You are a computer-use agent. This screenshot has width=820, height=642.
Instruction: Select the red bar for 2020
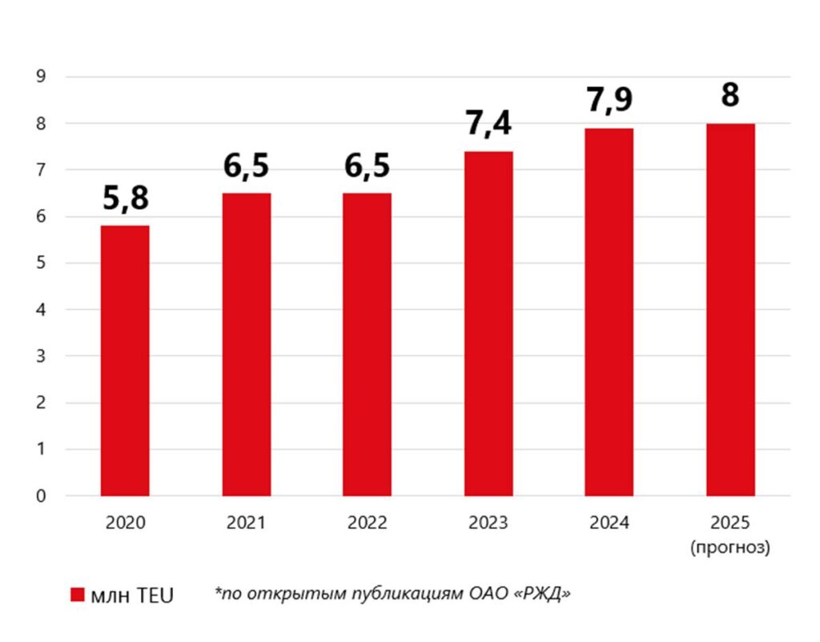[125, 360]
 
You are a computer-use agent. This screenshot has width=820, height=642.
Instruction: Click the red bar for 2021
[247, 344]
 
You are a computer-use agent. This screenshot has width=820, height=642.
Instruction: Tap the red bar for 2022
[368, 344]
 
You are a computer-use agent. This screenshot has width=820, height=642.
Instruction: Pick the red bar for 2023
[488, 323]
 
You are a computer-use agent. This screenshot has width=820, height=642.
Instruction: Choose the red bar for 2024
[609, 312]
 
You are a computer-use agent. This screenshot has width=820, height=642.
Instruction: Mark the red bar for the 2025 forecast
[730, 310]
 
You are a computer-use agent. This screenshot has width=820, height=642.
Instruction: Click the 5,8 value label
[126, 198]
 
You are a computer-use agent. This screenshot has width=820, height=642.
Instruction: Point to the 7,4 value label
[488, 124]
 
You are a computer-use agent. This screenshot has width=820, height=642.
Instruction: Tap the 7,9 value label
[609, 101]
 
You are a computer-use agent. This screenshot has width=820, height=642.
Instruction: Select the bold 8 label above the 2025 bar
[730, 95]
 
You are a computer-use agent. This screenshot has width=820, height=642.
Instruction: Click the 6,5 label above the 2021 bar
[247, 166]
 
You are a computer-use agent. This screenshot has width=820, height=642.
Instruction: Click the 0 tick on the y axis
[41, 496]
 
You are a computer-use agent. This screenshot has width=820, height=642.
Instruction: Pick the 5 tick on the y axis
[41, 263]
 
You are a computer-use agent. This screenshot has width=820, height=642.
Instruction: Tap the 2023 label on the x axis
[488, 524]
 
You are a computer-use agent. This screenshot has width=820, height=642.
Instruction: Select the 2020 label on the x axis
[125, 524]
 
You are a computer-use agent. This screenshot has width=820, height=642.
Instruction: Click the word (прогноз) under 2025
[730, 548]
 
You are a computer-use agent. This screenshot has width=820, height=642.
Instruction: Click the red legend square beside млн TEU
[78, 595]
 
